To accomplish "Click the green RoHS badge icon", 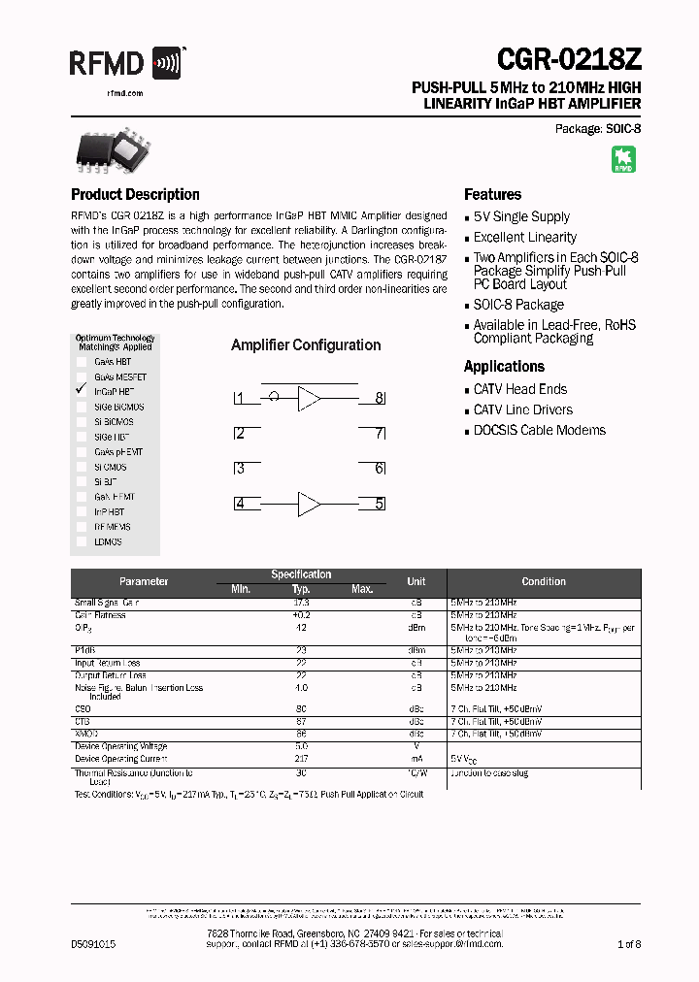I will click(x=622, y=160).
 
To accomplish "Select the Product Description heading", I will click(x=135, y=194).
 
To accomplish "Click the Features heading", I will click(x=492, y=194).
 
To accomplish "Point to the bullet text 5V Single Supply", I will click(x=521, y=216).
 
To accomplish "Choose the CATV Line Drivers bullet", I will click(x=522, y=409).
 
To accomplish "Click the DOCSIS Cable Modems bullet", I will click(x=539, y=430).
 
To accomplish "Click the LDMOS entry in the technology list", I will click(x=108, y=541).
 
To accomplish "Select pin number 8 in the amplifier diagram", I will click(x=380, y=398).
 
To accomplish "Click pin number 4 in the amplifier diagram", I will click(x=239, y=503).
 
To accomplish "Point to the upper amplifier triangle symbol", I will click(x=309, y=398).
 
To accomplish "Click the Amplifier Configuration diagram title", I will click(x=306, y=344).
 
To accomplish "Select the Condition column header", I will click(x=544, y=581).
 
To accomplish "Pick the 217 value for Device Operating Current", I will click(x=301, y=758).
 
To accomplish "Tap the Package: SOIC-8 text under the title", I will click(x=598, y=128).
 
